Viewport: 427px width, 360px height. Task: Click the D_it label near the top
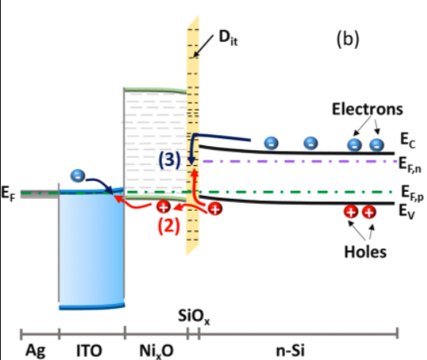pyautogui.click(x=228, y=38)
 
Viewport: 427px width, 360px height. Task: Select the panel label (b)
pyautogui.click(x=348, y=39)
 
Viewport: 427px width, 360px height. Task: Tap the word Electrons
pyautogui.click(x=367, y=109)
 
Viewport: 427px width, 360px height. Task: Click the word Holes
pyautogui.click(x=365, y=252)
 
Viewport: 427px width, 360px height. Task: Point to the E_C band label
pyautogui.click(x=408, y=140)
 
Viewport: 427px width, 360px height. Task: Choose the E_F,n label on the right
pyautogui.click(x=410, y=165)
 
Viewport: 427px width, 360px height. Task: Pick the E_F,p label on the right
pyautogui.click(x=412, y=193)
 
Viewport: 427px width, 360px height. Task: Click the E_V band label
pyautogui.click(x=406, y=212)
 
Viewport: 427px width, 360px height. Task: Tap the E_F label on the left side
pyautogui.click(x=8, y=193)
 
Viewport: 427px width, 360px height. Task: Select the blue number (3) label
pyautogui.click(x=170, y=159)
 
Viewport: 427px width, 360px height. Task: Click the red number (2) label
pyautogui.click(x=169, y=226)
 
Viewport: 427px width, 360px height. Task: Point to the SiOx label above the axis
pyautogui.click(x=193, y=317)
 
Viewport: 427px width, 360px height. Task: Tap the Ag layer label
pyautogui.click(x=36, y=351)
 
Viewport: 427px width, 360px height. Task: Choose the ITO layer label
pyautogui.click(x=89, y=351)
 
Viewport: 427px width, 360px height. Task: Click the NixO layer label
pyautogui.click(x=156, y=351)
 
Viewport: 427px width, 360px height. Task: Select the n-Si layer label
pyautogui.click(x=290, y=351)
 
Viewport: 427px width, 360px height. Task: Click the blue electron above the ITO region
pyautogui.click(x=77, y=175)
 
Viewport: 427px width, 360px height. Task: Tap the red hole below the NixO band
pyautogui.click(x=163, y=207)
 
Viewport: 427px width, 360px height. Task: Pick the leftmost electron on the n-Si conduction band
pyautogui.click(x=272, y=143)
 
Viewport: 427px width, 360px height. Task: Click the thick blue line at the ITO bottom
pyautogui.click(x=92, y=307)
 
